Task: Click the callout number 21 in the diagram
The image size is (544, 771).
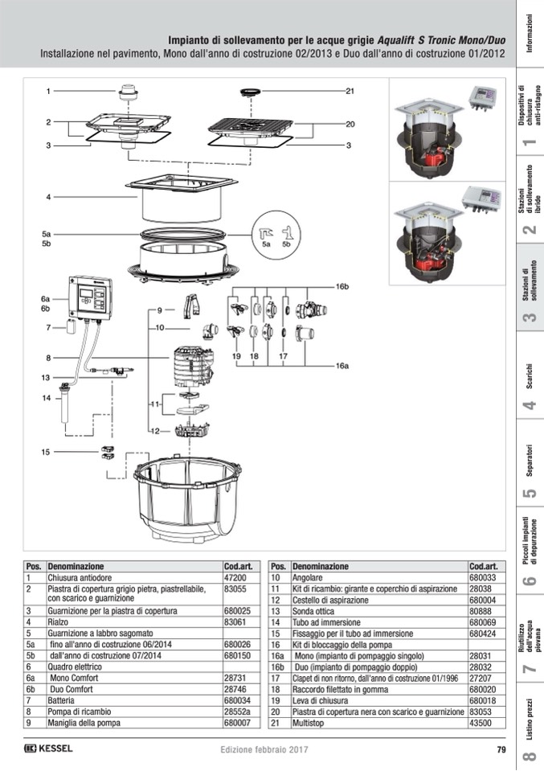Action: pos(350,91)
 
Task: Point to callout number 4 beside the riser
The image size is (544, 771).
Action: pos(48,196)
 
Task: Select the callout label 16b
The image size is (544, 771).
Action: pos(342,286)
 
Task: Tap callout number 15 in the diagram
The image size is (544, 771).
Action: pos(47,452)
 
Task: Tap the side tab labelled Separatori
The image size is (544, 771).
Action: pos(528,470)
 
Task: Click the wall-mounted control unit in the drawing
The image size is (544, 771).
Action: pos(91,297)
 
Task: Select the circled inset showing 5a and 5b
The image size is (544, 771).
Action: pos(275,234)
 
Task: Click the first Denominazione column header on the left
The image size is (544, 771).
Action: pos(76,566)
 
